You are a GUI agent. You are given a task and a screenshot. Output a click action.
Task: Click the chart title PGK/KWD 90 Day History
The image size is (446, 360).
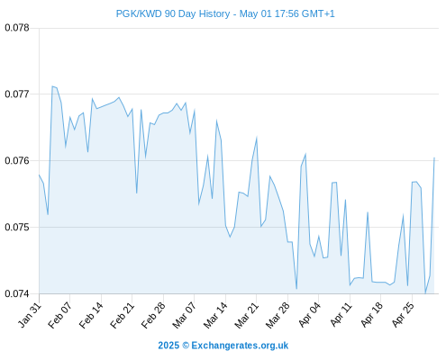[x=173, y=13]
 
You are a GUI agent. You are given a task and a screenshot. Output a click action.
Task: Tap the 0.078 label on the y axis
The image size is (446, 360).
[x=17, y=28]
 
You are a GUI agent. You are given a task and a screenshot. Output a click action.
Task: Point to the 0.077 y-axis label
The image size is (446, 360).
[x=17, y=94]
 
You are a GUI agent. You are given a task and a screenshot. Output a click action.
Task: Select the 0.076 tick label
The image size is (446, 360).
[x=17, y=160]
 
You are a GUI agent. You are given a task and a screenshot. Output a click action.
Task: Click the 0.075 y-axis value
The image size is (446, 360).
[x=17, y=227]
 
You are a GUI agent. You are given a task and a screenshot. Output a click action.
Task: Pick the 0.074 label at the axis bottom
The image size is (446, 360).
[x=17, y=293]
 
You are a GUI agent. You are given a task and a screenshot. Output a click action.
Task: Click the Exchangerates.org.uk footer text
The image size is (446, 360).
[x=240, y=346]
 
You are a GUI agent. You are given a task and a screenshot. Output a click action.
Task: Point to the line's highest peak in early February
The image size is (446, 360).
[x=52, y=86]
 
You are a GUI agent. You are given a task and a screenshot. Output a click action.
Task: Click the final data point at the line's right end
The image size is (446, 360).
[x=434, y=157]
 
